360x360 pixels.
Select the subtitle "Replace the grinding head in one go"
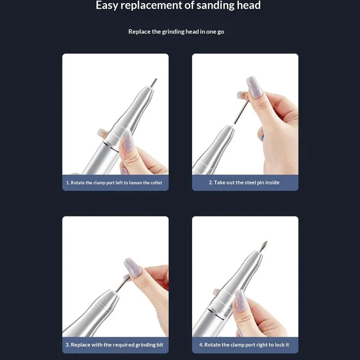[176, 31]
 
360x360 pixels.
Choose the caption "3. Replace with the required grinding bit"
[117, 345]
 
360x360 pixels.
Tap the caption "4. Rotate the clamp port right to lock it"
[244, 345]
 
